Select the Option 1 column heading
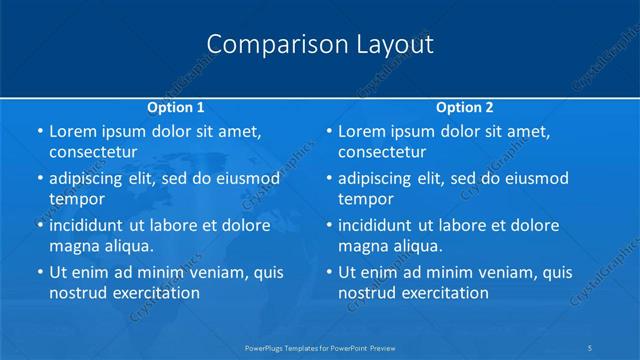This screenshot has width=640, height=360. [176, 107]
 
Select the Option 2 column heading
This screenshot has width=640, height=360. [465, 107]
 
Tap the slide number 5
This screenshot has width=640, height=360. [592, 347]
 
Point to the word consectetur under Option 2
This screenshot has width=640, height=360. [381, 152]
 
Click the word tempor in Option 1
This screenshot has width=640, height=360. [77, 198]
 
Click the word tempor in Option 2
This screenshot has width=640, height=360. [366, 198]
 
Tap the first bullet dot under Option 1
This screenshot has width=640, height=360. [39, 131]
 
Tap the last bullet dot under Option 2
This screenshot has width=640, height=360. [328, 272]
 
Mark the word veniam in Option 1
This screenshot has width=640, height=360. [213, 272]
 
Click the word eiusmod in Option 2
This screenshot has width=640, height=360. [534, 178]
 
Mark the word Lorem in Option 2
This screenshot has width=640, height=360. [362, 131]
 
